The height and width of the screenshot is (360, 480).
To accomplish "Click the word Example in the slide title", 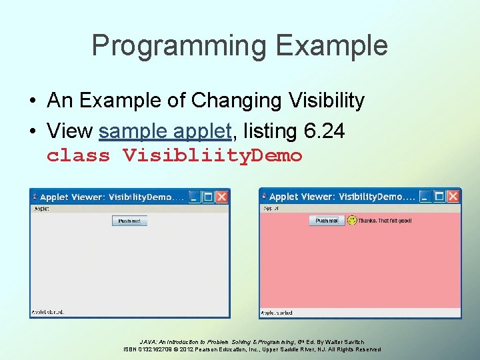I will [x=332, y=45].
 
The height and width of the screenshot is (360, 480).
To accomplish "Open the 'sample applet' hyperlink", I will [x=165, y=131].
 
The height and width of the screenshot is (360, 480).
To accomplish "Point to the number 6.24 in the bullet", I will [x=324, y=131].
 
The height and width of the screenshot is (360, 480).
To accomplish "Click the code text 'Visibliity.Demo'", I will [x=212, y=156].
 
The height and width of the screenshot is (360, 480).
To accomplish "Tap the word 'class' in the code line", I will [x=78, y=156].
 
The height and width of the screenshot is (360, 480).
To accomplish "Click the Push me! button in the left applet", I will [x=129, y=221].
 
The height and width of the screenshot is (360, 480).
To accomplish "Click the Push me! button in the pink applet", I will [x=327, y=220].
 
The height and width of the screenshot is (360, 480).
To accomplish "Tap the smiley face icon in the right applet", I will [x=352, y=220].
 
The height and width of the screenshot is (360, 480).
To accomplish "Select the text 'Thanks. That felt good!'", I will [x=385, y=221].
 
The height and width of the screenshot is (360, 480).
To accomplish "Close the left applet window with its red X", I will [x=222, y=197].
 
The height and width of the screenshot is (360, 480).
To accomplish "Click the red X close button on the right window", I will [x=453, y=196].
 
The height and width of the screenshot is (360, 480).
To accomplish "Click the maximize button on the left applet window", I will [x=207, y=197].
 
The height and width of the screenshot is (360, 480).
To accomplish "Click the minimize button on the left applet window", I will [x=193, y=197].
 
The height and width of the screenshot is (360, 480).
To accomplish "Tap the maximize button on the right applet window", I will [x=439, y=196].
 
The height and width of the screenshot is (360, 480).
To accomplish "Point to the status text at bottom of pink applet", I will [x=276, y=313].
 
